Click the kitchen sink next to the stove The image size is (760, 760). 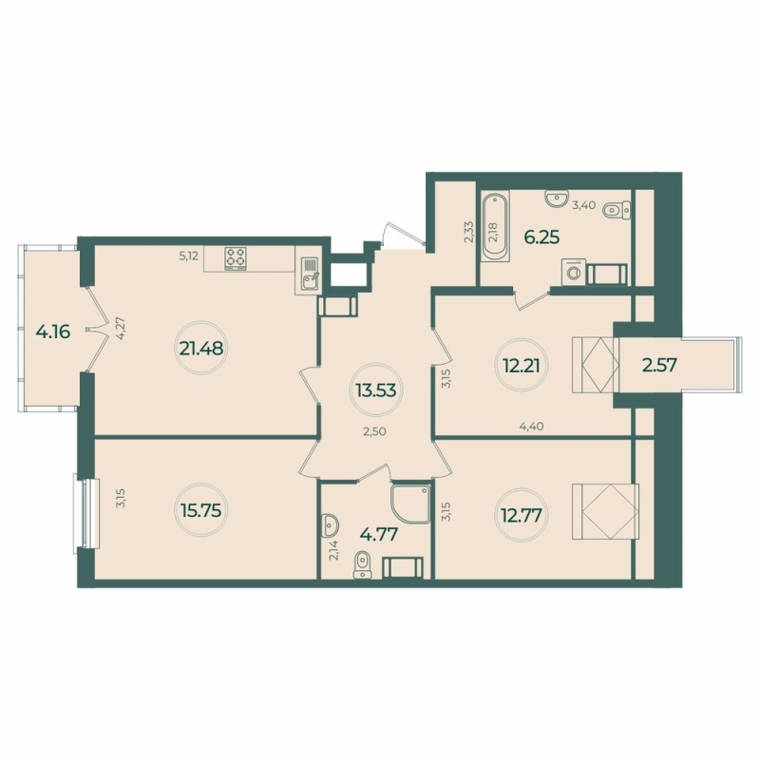pos(309,275)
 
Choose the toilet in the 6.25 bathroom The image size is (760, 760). pos(617,210)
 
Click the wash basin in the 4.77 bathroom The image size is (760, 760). pos(330,524)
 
